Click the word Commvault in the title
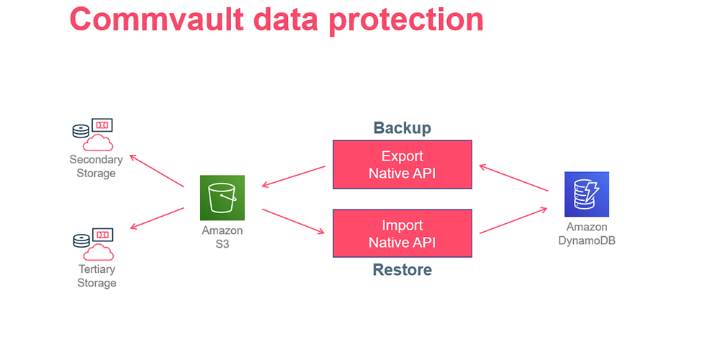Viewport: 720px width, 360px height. click(157, 19)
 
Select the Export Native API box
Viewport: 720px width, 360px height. click(402, 164)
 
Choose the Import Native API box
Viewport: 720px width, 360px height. click(402, 233)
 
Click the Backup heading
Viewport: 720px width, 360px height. click(402, 127)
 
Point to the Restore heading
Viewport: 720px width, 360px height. click(402, 269)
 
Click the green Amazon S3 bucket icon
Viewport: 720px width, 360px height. click(222, 197)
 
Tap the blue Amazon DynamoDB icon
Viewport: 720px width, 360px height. click(587, 194)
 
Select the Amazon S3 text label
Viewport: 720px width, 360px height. click(222, 237)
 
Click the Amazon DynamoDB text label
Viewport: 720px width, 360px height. click(587, 233)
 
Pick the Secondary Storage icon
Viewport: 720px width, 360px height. click(93, 135)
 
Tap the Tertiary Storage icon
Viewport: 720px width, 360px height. click(93, 244)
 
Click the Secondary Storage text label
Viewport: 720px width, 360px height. click(96, 166)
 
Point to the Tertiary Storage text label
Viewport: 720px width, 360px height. click(96, 276)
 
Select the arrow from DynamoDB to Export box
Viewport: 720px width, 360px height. click(513, 178)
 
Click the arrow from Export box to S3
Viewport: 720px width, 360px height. click(294, 176)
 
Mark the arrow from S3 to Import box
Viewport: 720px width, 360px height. click(294, 221)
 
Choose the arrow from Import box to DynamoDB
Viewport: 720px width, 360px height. click(513, 220)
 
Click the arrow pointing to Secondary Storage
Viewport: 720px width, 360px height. click(156, 171)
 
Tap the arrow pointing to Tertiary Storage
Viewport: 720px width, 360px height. click(157, 218)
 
